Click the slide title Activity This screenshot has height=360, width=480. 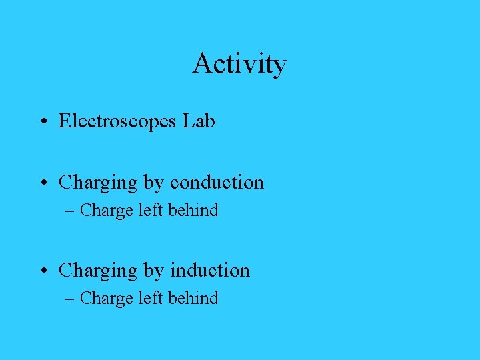pos(240,64)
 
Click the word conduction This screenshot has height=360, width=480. pos(217,182)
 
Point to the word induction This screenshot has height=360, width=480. pos(210,270)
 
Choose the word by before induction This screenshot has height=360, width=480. pos(153,271)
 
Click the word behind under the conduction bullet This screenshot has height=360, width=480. pos(193,211)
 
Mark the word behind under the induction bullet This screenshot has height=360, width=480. pos(193,299)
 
